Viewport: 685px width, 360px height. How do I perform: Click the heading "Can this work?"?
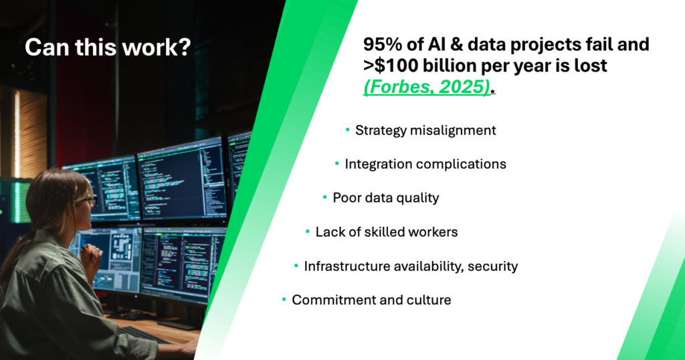tap(108, 48)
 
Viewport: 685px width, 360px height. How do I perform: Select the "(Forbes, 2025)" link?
tap(426, 86)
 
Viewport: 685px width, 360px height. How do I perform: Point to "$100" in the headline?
tap(396, 66)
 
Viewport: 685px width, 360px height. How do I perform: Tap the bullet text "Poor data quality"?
tap(386, 198)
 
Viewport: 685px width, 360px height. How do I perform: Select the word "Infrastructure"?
tap(347, 266)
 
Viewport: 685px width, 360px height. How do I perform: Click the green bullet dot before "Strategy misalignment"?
tap(348, 130)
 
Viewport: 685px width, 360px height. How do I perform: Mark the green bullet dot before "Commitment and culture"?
tap(284, 299)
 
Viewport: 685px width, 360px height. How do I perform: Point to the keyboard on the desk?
tap(142, 335)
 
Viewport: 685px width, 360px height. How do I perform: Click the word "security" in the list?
tap(493, 266)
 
